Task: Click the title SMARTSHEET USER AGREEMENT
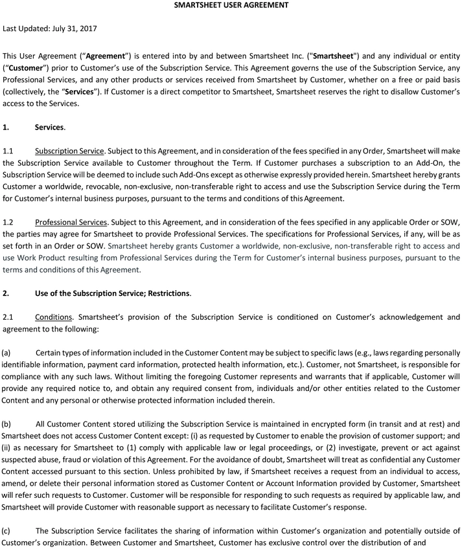[231, 5]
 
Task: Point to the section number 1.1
[8, 151]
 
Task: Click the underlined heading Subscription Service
[70, 151]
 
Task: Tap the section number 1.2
[8, 222]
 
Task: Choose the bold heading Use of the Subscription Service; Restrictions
[113, 293]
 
